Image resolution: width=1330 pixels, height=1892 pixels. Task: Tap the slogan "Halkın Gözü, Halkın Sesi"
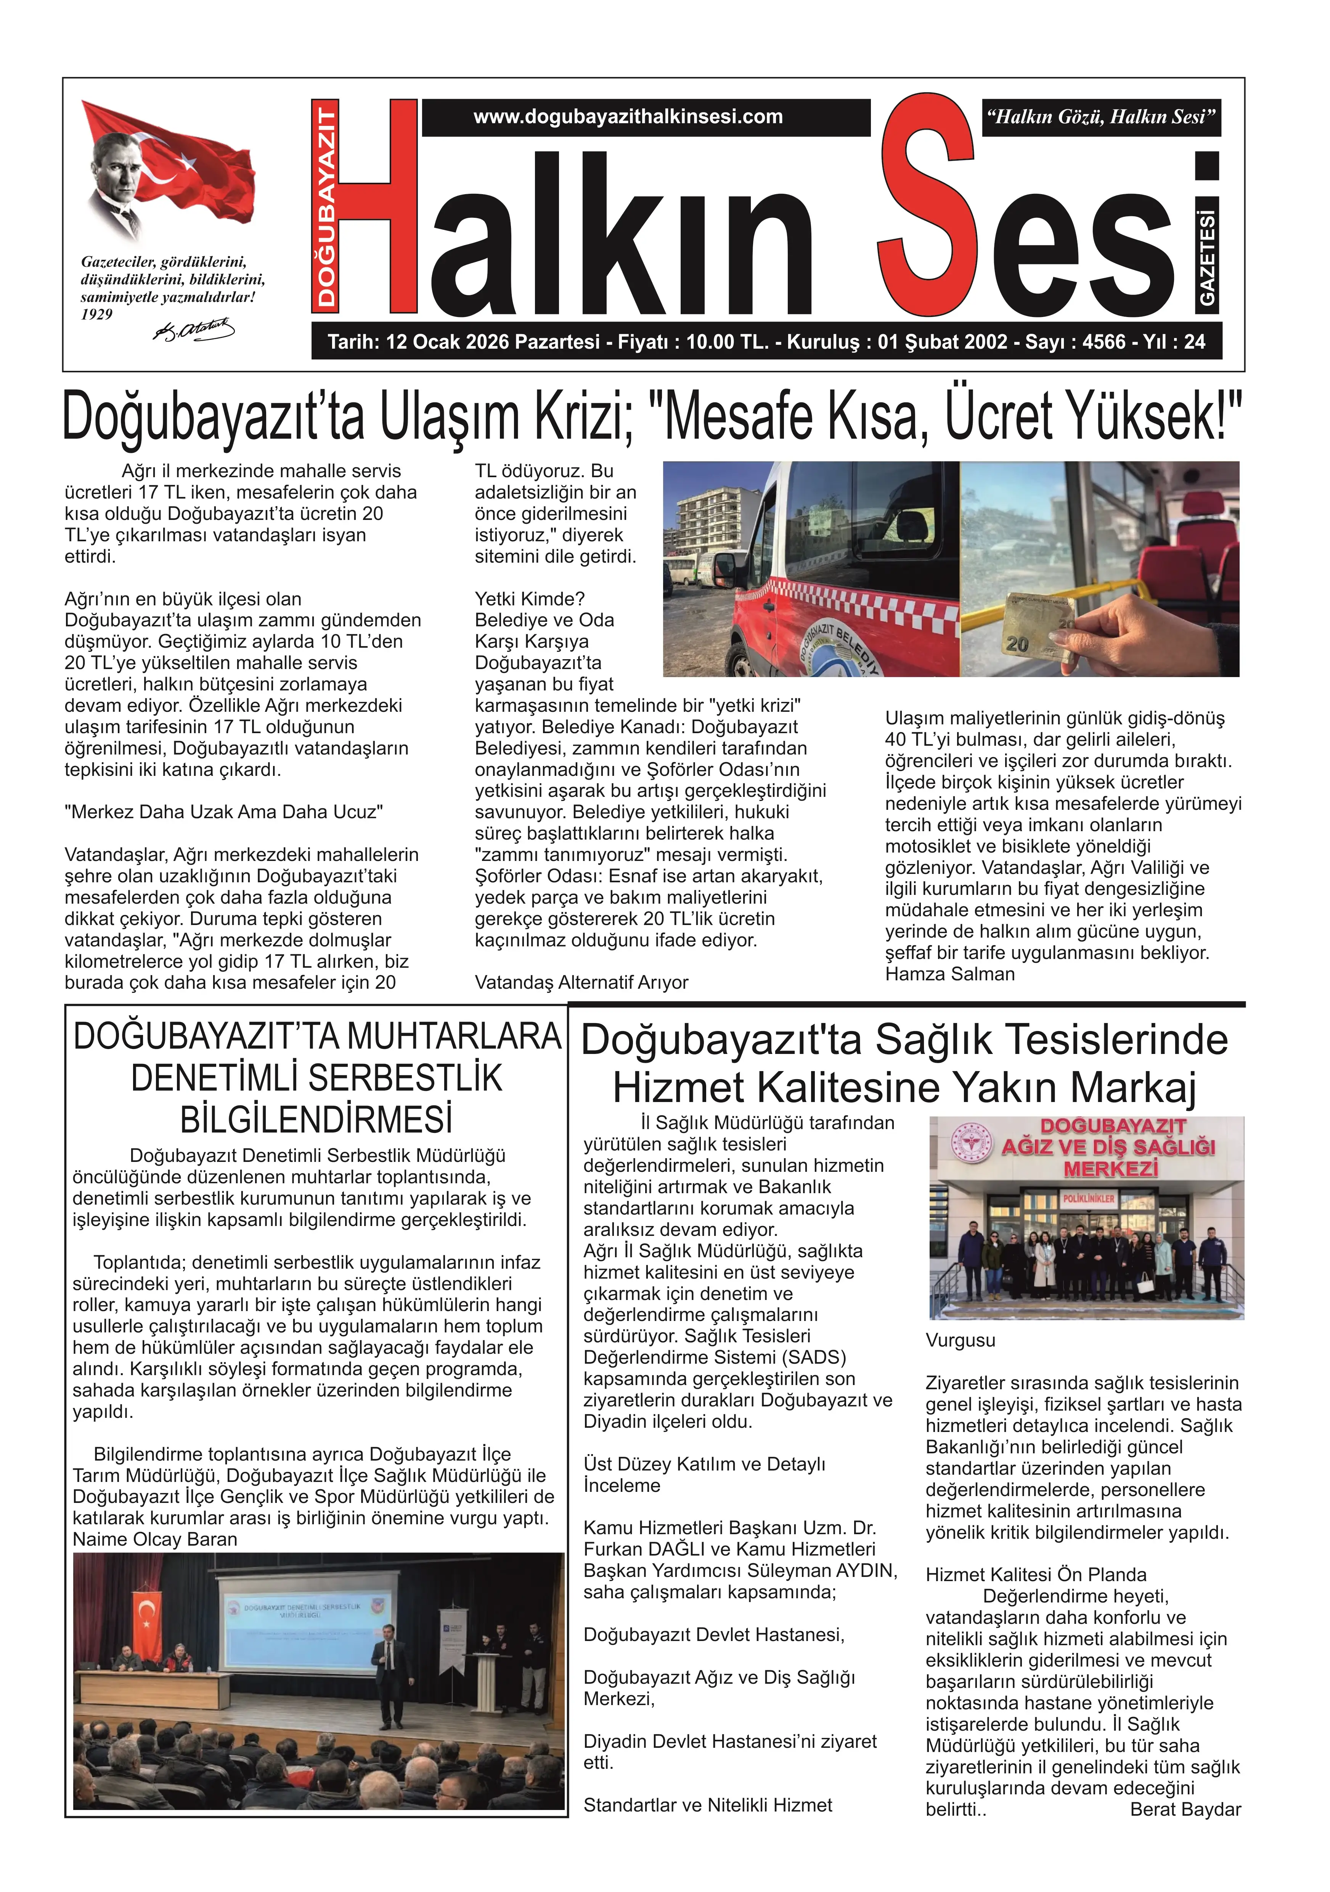[1101, 117]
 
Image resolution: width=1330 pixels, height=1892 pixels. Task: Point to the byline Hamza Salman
[949, 974]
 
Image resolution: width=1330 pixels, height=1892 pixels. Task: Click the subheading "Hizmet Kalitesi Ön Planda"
[1035, 1574]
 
